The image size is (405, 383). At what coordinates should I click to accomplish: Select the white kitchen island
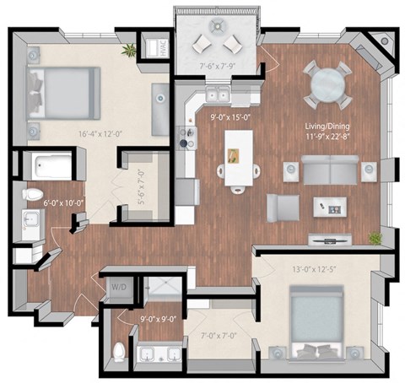237,157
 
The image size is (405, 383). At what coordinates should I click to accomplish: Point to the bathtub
46,166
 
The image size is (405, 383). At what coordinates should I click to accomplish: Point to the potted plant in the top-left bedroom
129,51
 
